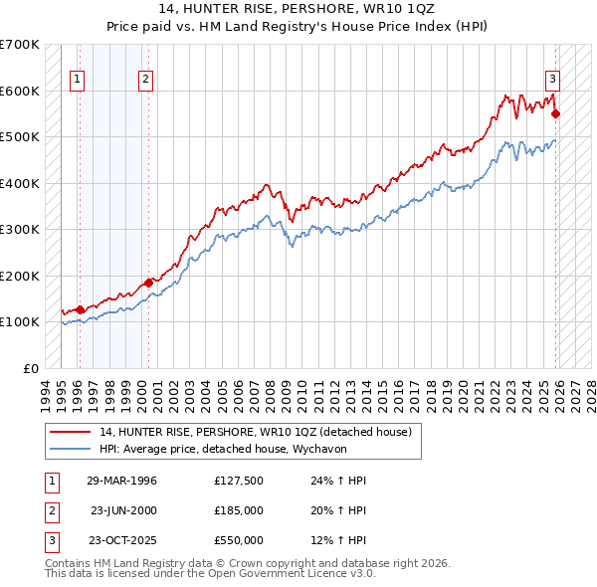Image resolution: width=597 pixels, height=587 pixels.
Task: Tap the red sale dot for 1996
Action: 81,309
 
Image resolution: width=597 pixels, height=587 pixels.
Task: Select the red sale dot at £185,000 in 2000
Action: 149,283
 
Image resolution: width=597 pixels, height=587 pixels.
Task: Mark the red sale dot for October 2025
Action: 556,113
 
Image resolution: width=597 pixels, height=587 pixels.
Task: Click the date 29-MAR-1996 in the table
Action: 121,481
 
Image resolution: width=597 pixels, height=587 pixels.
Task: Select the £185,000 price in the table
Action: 238,510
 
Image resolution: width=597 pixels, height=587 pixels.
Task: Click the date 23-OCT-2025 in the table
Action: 121,540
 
